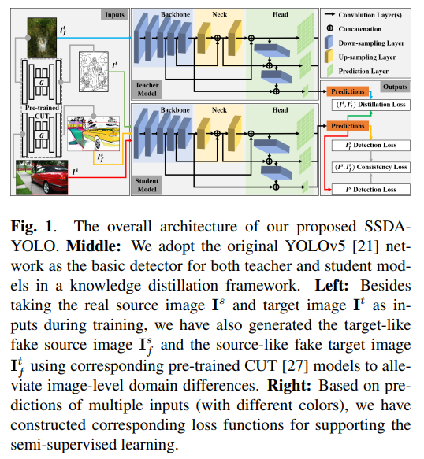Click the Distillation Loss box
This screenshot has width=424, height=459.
[x=370, y=104]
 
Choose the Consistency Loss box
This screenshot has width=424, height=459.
[x=370, y=167]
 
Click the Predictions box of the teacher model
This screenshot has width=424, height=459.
[x=346, y=91]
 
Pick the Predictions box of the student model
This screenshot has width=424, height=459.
[x=346, y=125]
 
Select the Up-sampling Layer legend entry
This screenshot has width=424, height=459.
[x=369, y=57]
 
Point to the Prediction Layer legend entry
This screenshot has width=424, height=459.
[x=369, y=71]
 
